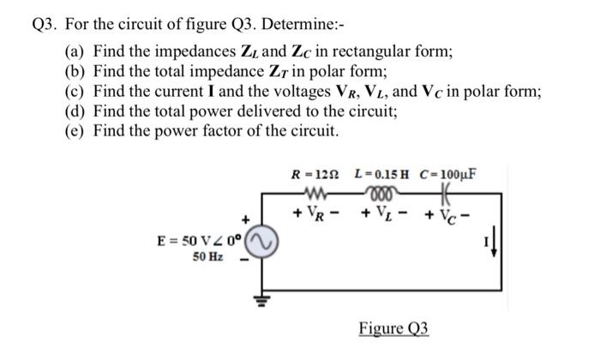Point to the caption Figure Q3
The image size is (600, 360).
[393, 329]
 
